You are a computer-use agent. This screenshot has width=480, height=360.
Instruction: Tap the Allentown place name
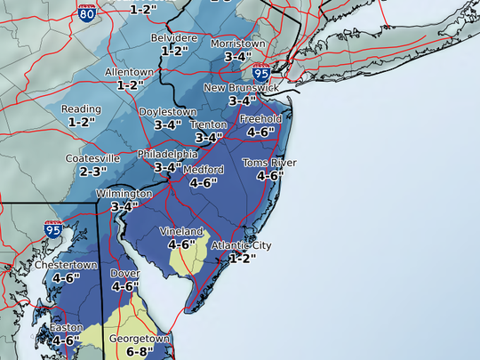pos(130,72)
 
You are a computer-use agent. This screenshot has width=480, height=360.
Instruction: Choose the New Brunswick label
pos(242,88)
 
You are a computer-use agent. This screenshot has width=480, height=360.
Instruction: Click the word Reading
pos(83,109)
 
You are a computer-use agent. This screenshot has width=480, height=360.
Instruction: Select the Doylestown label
pos(168,112)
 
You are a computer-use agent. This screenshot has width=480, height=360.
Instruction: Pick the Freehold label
pos(260,118)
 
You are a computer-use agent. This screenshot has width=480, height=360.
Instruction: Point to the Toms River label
pos(269,163)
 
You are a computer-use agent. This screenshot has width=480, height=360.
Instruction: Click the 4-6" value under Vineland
pos(181,244)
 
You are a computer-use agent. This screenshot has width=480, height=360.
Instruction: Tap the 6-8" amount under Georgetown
pos(127,352)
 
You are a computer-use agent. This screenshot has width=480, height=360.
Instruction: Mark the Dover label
pos(124,274)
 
